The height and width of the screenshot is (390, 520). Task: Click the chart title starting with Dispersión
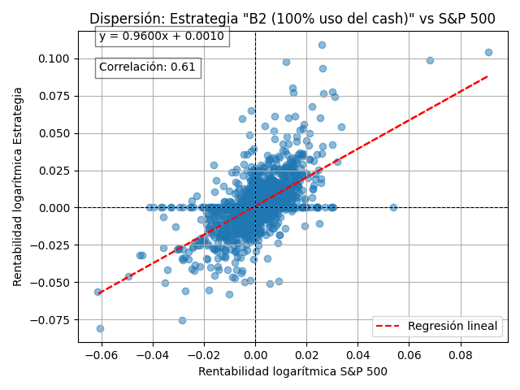(292, 19)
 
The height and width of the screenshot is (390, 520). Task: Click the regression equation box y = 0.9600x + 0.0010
(162, 37)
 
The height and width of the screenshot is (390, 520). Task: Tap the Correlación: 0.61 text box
(147, 67)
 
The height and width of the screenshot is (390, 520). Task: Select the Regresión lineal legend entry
(436, 327)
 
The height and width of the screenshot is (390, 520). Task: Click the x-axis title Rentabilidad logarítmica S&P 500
(292, 372)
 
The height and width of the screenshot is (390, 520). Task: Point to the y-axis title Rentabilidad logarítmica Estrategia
(18, 186)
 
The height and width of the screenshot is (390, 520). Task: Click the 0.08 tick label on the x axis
(461, 355)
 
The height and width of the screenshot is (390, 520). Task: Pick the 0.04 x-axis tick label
(358, 355)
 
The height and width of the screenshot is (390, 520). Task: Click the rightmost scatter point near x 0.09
(488, 52)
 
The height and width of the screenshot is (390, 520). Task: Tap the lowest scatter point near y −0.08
(100, 328)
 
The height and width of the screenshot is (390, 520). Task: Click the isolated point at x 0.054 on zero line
(393, 207)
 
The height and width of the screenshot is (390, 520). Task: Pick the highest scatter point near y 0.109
(322, 45)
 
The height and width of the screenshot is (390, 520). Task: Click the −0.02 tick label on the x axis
(204, 355)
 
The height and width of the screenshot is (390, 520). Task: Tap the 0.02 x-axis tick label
(307, 355)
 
